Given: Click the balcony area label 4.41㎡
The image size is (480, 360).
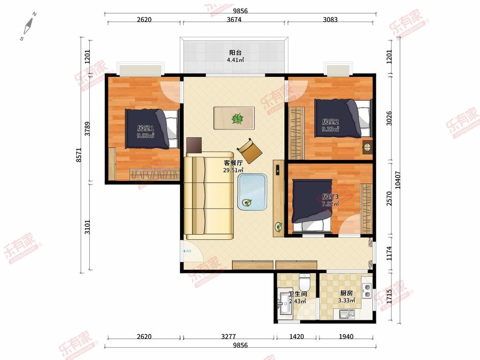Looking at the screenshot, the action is click(235, 60).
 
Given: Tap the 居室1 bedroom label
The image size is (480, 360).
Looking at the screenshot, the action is click(145, 128).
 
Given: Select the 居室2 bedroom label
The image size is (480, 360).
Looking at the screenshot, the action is click(330, 122).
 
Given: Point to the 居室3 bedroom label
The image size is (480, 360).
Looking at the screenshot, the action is click(330, 196).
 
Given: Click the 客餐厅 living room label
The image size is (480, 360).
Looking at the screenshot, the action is click(233, 163).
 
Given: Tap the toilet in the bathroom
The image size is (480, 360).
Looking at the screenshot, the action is click(304, 282).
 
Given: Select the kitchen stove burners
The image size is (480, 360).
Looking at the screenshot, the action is click(367, 290).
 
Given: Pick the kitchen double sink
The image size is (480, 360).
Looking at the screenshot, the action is click(347, 314).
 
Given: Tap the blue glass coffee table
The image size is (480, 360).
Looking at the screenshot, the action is click(252, 192).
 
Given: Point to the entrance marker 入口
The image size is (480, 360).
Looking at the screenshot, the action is click(187, 251).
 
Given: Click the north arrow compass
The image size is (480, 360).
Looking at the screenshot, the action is click(29, 26).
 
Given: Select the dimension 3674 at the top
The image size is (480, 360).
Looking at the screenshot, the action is click(234, 20).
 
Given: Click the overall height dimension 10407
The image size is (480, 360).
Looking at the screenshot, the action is click(397, 180).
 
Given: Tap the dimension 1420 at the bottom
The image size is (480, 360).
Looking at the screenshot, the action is click(297, 337).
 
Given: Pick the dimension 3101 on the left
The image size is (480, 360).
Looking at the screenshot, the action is click(87, 227).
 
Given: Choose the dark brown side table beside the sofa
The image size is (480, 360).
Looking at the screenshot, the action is click(194, 145).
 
